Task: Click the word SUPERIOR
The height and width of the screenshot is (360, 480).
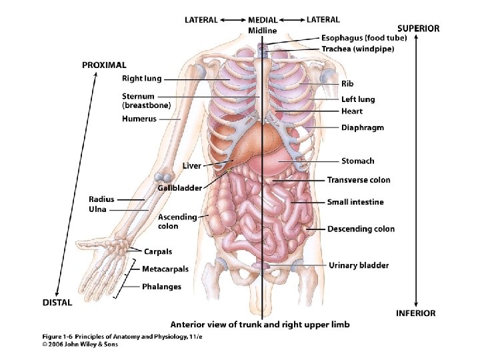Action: coord(418,29)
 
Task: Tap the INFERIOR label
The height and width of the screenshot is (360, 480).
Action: coord(415,313)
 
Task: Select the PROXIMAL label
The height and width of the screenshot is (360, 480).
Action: coord(103,65)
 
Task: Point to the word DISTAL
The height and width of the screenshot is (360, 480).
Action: coord(57,301)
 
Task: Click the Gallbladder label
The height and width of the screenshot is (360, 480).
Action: coord(179,188)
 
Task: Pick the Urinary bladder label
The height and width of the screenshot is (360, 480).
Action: coord(359,265)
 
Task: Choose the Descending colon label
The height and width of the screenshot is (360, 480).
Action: coord(361,229)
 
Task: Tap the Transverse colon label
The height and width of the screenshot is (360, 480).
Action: coord(359,180)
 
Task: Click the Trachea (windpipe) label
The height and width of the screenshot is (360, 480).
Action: coord(357,49)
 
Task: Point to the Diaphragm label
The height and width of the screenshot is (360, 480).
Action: coord(363,127)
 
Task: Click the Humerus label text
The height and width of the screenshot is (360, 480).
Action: coord(139,119)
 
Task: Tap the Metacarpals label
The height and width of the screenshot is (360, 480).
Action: coord(165,269)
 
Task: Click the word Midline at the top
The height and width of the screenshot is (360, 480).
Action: coord(262,31)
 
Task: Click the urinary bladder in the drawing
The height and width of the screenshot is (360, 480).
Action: coord(265,267)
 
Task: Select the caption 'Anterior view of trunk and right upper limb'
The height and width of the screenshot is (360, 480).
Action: coord(259,325)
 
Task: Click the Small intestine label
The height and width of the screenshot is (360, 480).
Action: coord(355,202)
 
